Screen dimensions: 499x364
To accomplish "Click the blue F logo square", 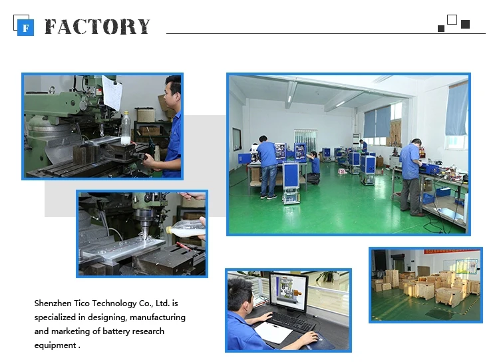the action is (25, 28).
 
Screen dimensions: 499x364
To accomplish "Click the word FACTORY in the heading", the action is (97, 27).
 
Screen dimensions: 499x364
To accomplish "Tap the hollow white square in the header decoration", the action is (452, 20).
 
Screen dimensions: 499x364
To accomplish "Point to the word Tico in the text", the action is (82, 303).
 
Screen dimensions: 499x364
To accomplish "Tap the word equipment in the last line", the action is (55, 346).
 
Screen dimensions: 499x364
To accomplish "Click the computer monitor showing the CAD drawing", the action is (289, 291).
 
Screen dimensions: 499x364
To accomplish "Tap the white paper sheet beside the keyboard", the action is (273, 333).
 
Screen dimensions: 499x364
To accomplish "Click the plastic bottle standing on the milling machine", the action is (126, 128).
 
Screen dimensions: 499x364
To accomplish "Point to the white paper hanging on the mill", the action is (112, 92).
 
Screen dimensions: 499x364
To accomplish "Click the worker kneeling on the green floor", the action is (314, 168).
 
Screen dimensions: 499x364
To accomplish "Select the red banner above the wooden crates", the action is (452, 252).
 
